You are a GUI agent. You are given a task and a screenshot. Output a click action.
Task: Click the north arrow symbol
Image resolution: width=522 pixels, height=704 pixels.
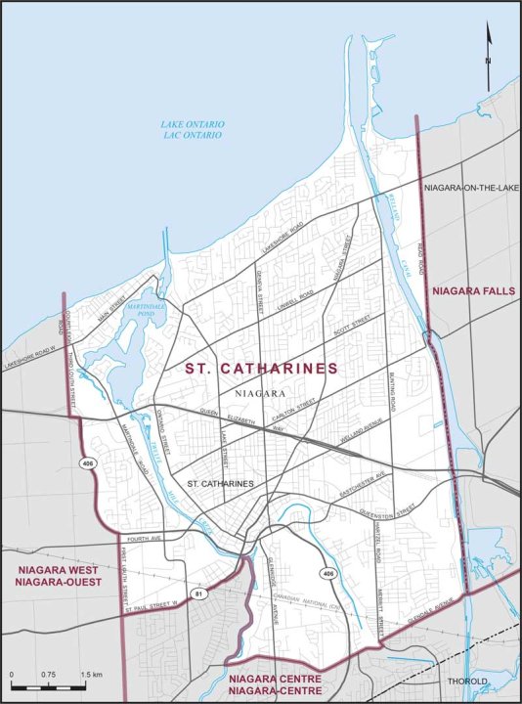point(489,44)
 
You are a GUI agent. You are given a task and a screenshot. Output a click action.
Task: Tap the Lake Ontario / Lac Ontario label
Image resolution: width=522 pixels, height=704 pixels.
point(193,130)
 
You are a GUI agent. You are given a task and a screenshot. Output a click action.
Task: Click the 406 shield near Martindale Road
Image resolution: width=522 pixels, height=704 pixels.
point(88,463)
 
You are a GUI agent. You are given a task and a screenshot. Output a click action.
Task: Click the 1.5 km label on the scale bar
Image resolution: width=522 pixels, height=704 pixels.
point(92,676)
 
